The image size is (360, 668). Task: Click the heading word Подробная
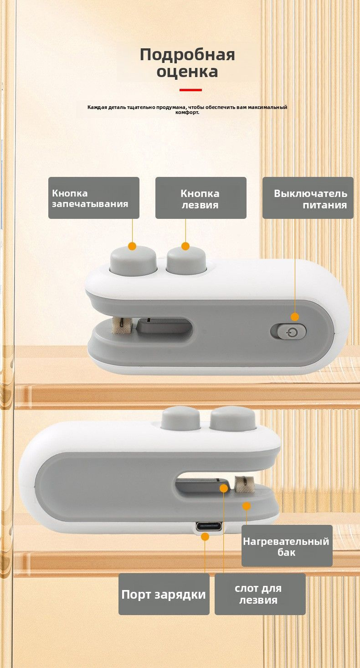pyautogui.click(x=187, y=55)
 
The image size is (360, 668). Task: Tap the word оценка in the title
pyautogui.click(x=187, y=72)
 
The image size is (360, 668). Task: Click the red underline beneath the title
pyautogui.click(x=191, y=90)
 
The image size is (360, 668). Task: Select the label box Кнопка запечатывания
pyautogui.click(x=94, y=198)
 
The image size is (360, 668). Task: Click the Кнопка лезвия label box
pyautogui.click(x=201, y=198)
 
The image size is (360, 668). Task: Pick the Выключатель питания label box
pyautogui.click(x=308, y=198)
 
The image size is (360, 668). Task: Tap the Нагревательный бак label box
pyautogui.click(x=287, y=546)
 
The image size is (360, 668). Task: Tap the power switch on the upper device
pyautogui.click(x=288, y=331)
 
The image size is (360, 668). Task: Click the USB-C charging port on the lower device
pyautogui.click(x=209, y=526)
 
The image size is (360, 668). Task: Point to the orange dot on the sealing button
pyautogui.click(x=132, y=246)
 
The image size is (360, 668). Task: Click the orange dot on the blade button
pyautogui.click(x=185, y=246)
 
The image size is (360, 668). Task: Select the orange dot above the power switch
pyautogui.click(x=295, y=317)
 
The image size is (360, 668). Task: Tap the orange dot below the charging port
pyautogui.click(x=205, y=537)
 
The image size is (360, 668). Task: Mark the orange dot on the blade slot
pyautogui.click(x=224, y=488)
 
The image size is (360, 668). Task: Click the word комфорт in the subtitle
pyautogui.click(x=186, y=113)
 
